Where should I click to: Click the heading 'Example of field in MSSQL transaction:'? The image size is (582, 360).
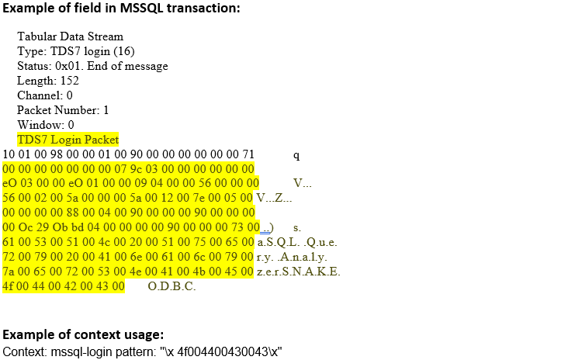(121, 9)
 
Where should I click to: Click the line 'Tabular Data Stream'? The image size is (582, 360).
(70, 36)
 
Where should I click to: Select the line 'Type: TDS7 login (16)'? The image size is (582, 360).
(75, 51)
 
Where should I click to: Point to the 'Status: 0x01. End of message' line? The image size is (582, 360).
(92, 66)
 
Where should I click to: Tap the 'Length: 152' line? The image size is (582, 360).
(48, 81)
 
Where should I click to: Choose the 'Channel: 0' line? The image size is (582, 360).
(45, 95)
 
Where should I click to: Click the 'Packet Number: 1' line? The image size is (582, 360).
(63, 110)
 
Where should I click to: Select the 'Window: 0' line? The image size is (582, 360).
(46, 125)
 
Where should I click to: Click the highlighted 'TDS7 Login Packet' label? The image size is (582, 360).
(68, 140)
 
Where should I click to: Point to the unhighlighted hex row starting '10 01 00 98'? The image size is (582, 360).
(129, 154)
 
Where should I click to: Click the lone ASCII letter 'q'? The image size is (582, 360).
(296, 154)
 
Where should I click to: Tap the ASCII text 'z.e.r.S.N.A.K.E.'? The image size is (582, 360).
(299, 272)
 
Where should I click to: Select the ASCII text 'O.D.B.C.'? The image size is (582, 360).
(171, 286)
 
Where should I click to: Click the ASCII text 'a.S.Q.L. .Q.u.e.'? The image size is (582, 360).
(297, 242)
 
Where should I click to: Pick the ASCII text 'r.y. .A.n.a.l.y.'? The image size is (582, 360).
(292, 257)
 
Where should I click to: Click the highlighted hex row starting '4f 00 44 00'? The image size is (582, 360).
(64, 286)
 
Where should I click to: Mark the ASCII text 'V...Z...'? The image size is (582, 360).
(274, 198)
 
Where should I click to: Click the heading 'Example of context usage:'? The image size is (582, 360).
(83, 334)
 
